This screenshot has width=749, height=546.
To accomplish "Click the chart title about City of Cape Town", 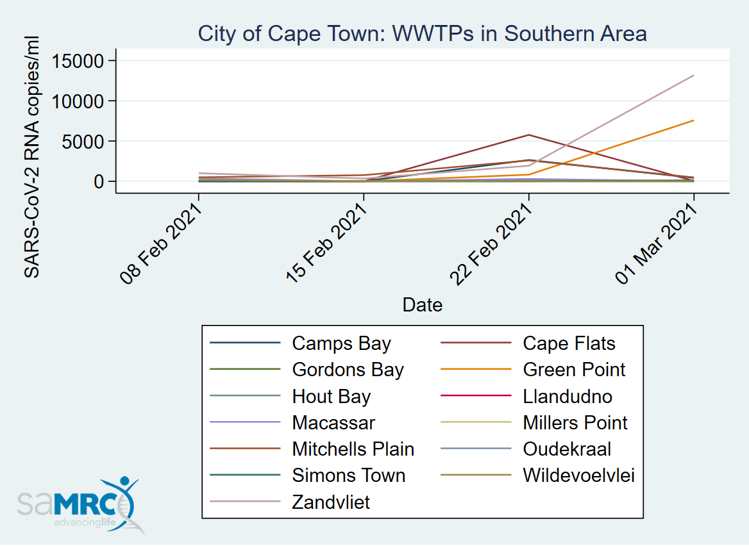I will click(x=422, y=33).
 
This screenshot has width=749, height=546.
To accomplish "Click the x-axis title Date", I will click(x=422, y=304).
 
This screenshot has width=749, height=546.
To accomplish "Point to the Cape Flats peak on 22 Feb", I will click(x=528, y=135).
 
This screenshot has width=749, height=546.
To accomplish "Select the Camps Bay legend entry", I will click(x=341, y=343).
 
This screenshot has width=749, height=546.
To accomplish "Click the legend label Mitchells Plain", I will click(x=353, y=449).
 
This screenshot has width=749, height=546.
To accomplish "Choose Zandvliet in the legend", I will click(x=331, y=502).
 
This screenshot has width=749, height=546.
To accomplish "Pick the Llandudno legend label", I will click(x=567, y=397).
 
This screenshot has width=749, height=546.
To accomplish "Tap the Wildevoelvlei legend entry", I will click(x=578, y=476).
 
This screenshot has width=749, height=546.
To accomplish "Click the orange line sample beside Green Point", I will click(x=476, y=370).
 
